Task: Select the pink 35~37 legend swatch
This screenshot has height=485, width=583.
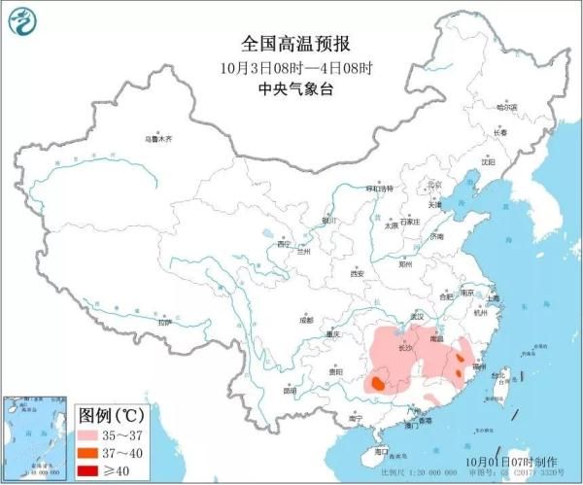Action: [x=90, y=431]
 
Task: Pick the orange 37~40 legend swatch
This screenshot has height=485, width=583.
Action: [x=90, y=451]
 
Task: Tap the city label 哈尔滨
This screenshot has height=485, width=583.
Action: [x=506, y=108]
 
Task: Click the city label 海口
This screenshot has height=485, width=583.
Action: [x=381, y=451]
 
